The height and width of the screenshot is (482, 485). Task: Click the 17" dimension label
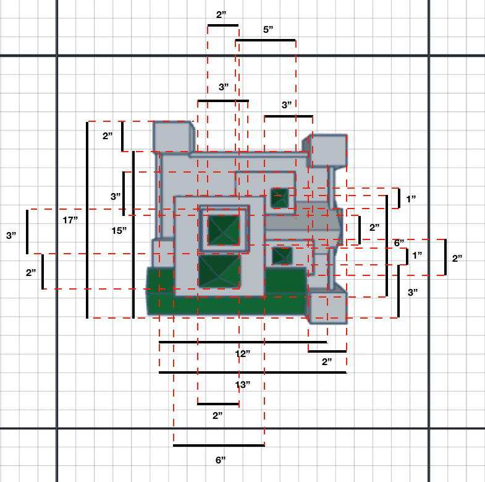click(70, 220)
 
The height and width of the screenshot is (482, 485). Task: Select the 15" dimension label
click(119, 231)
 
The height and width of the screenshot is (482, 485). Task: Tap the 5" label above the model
click(268, 30)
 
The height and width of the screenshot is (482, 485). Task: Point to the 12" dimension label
click(242, 354)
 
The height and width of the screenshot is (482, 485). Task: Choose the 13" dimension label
click(242, 385)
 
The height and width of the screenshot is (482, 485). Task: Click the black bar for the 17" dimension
click(87, 220)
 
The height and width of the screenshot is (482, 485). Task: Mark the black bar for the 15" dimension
click(133, 235)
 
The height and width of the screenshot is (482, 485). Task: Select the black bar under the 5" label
click(266, 40)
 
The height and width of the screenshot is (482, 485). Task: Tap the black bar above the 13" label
click(253, 372)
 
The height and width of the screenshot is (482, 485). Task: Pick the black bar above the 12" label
click(243, 342)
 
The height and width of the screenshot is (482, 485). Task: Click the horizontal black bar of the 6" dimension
click(219, 445)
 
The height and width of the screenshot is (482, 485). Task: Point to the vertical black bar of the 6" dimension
click(387, 246)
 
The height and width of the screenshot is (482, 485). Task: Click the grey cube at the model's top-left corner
click(174, 137)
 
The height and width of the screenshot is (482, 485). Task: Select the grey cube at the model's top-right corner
click(326, 151)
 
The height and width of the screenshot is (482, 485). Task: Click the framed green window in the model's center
click(224, 230)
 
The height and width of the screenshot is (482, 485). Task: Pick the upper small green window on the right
click(280, 197)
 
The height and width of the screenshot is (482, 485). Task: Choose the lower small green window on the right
click(282, 256)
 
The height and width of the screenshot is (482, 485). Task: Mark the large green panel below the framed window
click(219, 271)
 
